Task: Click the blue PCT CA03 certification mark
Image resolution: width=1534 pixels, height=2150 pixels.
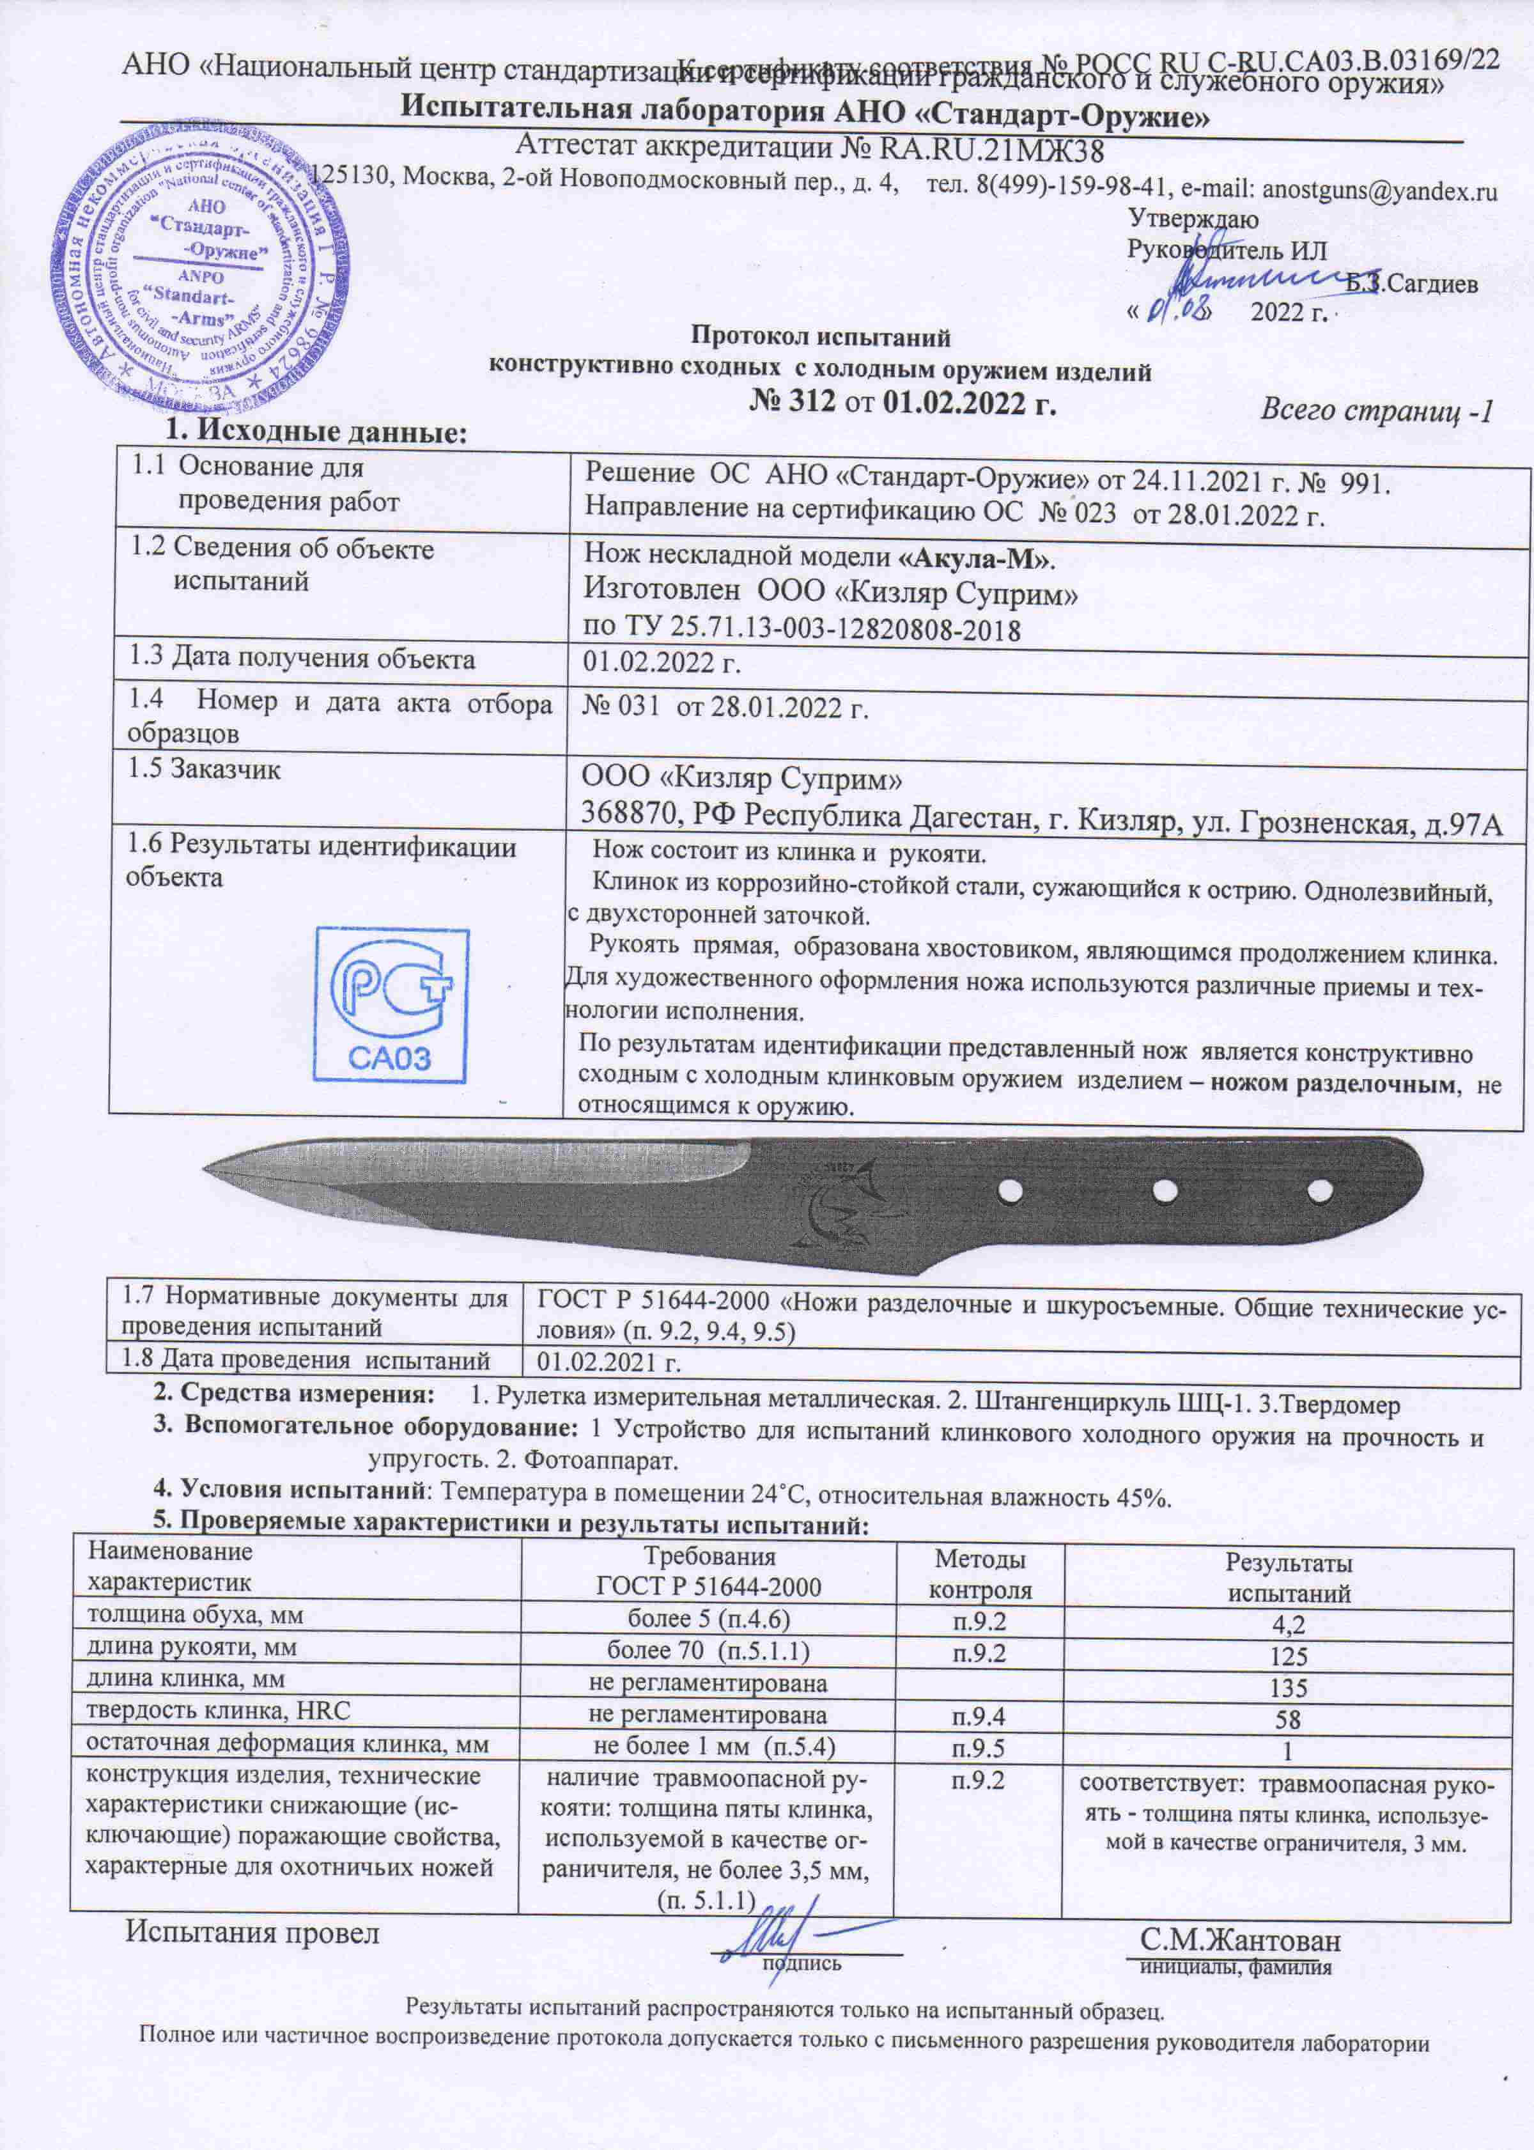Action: [391, 1005]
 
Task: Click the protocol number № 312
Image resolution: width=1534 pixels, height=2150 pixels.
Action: [793, 402]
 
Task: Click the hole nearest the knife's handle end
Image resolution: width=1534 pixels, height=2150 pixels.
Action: [1319, 1193]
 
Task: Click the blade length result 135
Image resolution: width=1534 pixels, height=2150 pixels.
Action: [1289, 1687]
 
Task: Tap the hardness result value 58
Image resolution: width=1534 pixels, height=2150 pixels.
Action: [1289, 1718]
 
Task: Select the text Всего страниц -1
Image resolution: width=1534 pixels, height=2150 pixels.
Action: [1376, 411]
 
